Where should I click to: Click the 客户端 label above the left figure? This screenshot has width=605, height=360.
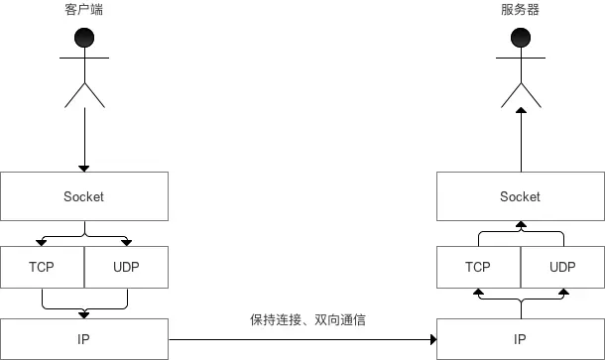click(84, 9)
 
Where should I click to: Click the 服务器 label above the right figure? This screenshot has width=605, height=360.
click(521, 9)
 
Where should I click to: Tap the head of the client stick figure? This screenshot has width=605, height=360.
click(84, 39)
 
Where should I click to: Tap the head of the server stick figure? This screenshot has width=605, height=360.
click(521, 39)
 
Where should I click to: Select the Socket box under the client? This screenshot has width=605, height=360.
click(84, 196)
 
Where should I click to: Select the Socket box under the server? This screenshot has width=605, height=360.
click(521, 196)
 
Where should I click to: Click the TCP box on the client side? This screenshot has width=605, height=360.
click(42, 267)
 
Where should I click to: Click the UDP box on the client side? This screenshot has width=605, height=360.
click(127, 267)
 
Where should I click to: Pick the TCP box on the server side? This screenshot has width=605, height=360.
click(478, 267)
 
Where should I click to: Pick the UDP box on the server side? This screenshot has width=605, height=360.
click(562, 267)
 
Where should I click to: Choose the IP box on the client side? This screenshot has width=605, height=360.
click(84, 339)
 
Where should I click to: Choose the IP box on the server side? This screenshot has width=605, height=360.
click(521, 339)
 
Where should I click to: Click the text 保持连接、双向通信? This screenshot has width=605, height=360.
click(314, 321)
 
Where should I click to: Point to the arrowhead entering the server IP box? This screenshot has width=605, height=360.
click(432, 339)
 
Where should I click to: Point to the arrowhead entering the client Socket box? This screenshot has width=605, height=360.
click(84, 167)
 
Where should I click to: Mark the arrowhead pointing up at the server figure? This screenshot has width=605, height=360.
click(521, 113)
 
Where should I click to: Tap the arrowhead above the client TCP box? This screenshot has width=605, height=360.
click(42, 241)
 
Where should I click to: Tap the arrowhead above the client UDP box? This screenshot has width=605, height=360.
click(127, 241)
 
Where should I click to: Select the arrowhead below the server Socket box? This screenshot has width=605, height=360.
click(521, 226)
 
